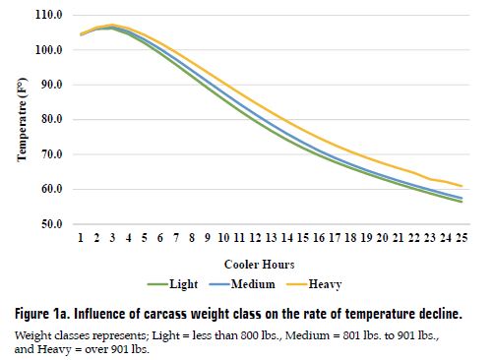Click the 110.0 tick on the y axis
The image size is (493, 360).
click(x=49, y=15)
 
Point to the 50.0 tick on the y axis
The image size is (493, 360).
click(x=51, y=224)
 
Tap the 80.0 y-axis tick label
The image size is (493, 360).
click(x=51, y=120)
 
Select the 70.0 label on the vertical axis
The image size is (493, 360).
click(x=51, y=154)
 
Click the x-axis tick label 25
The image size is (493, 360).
click(x=461, y=238)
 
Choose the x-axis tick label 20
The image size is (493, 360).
click(x=382, y=238)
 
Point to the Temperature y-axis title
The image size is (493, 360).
click(x=21, y=119)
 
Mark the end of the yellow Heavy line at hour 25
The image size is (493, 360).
click(x=461, y=186)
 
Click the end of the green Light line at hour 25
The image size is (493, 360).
click(x=461, y=202)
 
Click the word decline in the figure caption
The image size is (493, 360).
click(x=435, y=315)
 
